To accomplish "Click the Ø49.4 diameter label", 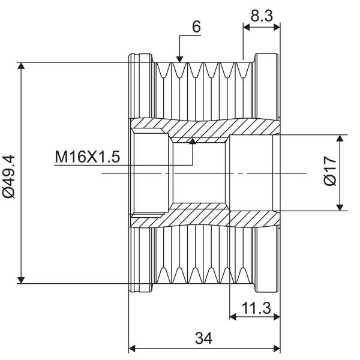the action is click(x=9, y=176).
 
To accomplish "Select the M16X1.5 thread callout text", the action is click(x=87, y=157).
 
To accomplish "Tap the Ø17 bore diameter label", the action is click(x=330, y=170).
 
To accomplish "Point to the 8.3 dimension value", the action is click(x=262, y=16).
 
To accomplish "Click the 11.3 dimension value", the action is click(x=256, y=308).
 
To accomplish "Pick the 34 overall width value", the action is click(x=203, y=338).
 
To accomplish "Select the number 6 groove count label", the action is click(x=196, y=26).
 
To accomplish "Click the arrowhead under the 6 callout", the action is click(x=179, y=59).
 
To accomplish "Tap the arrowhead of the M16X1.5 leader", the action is click(x=193, y=141).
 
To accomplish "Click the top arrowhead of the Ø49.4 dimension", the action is click(x=21, y=65).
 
